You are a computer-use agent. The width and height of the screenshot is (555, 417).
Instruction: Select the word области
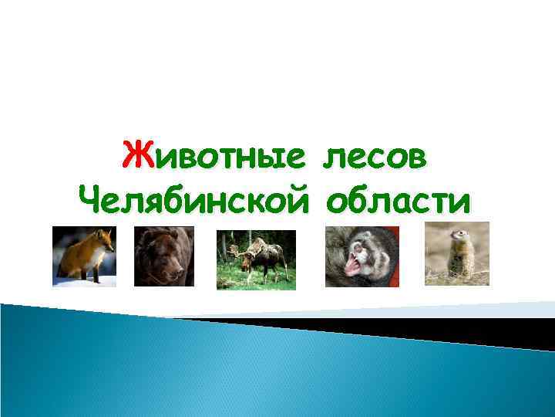(397, 202)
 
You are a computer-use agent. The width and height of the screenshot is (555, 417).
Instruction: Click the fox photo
(84, 256)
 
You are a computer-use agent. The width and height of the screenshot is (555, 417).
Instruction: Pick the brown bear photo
(164, 256)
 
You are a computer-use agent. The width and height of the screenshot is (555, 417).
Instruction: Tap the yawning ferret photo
(362, 256)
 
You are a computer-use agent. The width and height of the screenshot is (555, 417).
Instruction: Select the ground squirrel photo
(457, 254)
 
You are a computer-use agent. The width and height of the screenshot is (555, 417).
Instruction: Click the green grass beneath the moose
(247, 283)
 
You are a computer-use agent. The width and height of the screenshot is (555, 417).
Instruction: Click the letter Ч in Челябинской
(91, 202)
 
